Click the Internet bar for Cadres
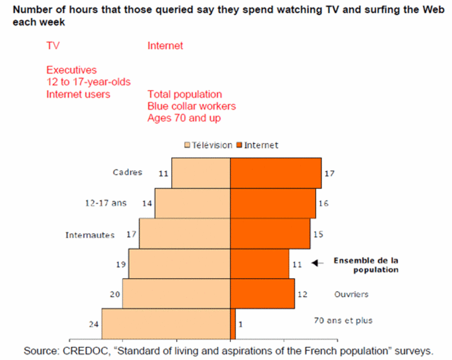pyautogui.click(x=276, y=173)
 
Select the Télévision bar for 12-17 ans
pyautogui.click(x=193, y=203)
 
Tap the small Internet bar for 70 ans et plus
pyautogui.click(x=233, y=324)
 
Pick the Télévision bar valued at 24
pyautogui.click(x=166, y=324)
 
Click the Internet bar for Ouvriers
pyautogui.click(x=263, y=293)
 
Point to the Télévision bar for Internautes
pyautogui.click(x=185, y=233)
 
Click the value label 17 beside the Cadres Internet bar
pyautogui.click(x=329, y=174)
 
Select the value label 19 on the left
pyautogui.click(x=121, y=264)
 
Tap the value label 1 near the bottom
pyautogui.click(x=241, y=324)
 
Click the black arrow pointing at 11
pyautogui.click(x=318, y=263)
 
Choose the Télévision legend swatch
pyautogui.click(x=188, y=145)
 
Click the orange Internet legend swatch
pyautogui.click(x=239, y=145)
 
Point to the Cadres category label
pyautogui.click(x=128, y=172)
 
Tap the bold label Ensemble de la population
pyautogui.click(x=366, y=265)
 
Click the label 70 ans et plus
pyautogui.click(x=343, y=320)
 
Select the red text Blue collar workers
pyautogui.click(x=192, y=106)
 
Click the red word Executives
pyautogui.click(x=72, y=70)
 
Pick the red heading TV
pyautogui.click(x=53, y=46)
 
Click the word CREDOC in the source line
pyautogui.click(x=86, y=351)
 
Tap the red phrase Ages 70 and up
pyautogui.click(x=184, y=118)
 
